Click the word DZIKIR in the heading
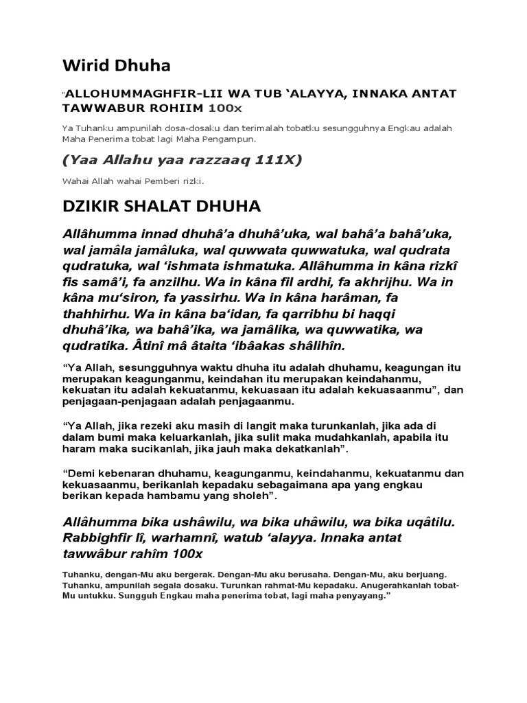(91, 206)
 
